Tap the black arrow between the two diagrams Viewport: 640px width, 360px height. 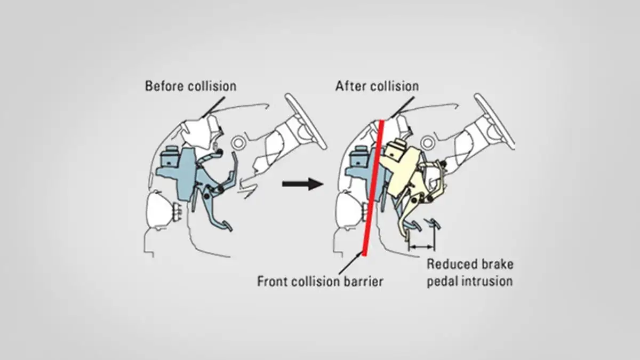[x=302, y=184]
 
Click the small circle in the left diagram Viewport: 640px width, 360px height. [x=238, y=142]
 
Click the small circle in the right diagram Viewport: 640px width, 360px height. [x=427, y=142]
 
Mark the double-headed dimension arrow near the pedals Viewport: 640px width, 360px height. [x=421, y=246]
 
